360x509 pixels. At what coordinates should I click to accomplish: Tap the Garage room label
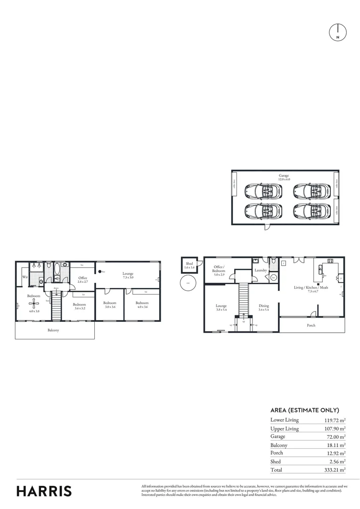[284, 175]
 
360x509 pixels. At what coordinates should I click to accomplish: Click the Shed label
[189, 263]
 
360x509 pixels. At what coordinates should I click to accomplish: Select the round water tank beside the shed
[188, 283]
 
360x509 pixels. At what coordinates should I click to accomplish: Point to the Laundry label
[261, 270]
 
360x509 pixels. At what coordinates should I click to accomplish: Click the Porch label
[311, 325]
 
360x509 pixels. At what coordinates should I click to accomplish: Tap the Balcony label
[53, 330]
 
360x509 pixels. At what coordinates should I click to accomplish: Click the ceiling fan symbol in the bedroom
[33, 304]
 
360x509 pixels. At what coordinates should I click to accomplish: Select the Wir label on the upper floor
[25, 277]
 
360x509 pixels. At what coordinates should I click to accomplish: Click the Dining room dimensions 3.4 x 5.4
[264, 310]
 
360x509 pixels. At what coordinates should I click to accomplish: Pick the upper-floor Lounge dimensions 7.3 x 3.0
[128, 278]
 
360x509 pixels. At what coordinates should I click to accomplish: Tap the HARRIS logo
[44, 491]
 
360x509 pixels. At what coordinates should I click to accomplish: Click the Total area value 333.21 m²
[335, 470]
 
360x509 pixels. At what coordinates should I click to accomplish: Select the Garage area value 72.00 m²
[335, 437]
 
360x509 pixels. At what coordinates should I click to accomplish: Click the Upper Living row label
[285, 429]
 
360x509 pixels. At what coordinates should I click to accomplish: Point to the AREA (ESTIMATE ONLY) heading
[305, 410]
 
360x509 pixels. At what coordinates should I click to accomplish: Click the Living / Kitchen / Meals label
[311, 287]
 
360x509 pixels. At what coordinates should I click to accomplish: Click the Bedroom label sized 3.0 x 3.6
[110, 303]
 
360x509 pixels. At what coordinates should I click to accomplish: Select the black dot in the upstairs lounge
[99, 271]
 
